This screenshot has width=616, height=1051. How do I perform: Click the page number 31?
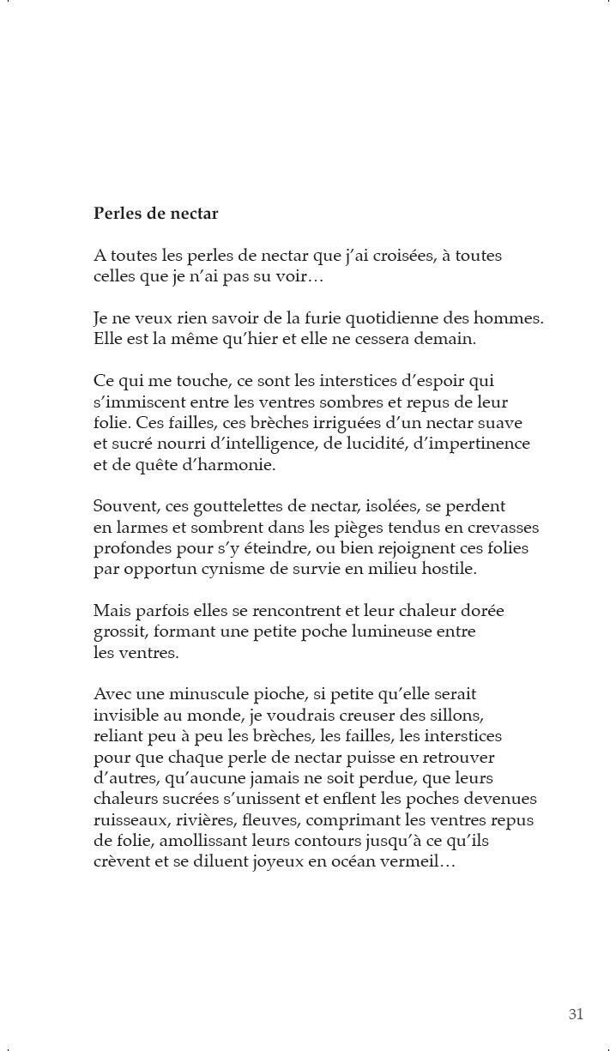[576, 1014]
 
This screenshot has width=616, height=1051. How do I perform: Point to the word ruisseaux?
[129, 819]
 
